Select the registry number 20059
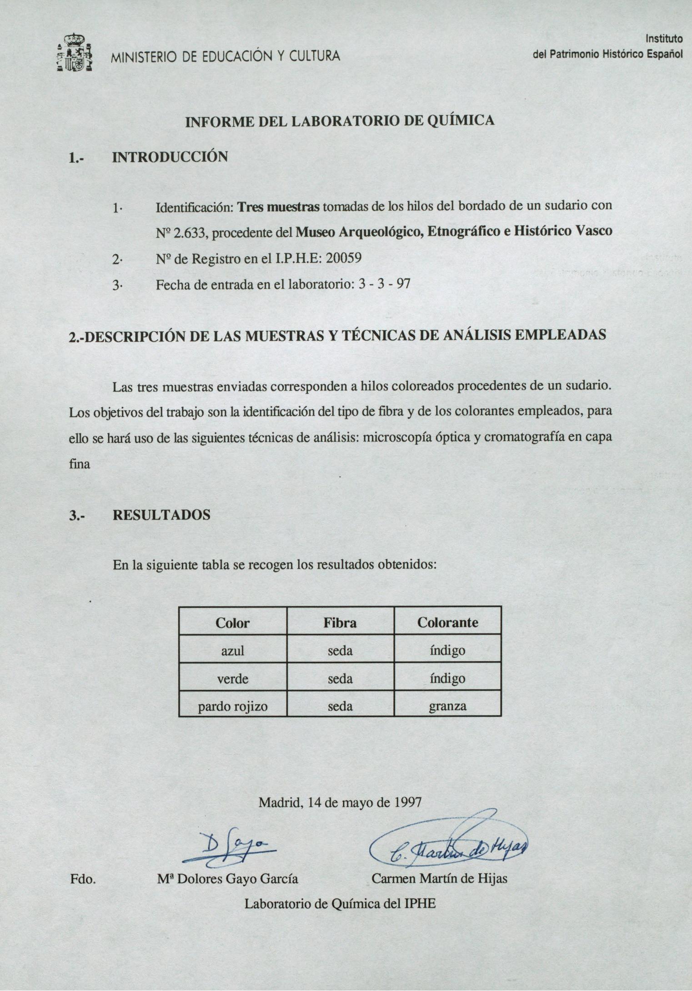tap(344, 258)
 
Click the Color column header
tap(232, 622)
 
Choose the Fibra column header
tap(340, 622)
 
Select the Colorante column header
tap(447, 622)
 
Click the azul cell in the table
tap(232, 651)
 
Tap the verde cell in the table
tap(232, 679)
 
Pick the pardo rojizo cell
tap(232, 706)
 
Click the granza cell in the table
tap(447, 706)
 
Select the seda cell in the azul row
tap(340, 651)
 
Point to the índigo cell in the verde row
tap(447, 679)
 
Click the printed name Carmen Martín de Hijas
tap(439, 878)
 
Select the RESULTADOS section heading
tap(161, 515)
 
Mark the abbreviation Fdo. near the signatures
tap(82, 879)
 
